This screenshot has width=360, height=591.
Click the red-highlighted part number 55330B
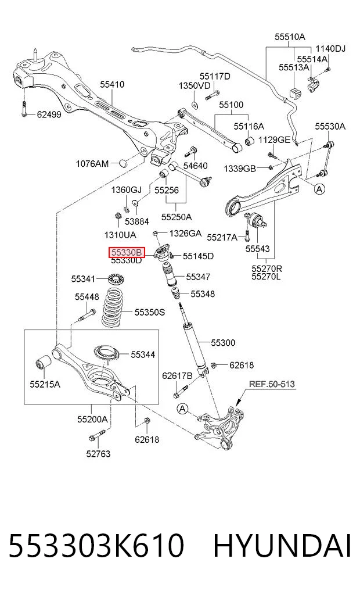click(127, 252)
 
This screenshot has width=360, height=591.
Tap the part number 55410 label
click(112, 84)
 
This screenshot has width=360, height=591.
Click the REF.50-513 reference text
click(272, 384)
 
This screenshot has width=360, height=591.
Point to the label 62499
click(49, 114)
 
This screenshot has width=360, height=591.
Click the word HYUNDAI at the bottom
click(282, 545)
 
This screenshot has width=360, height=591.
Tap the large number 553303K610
click(96, 545)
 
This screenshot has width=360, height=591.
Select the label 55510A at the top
click(290, 37)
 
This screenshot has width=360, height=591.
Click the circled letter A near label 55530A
click(319, 189)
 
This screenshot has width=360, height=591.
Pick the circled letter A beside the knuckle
click(183, 409)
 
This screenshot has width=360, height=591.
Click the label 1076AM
click(92, 163)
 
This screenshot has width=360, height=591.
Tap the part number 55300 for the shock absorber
click(223, 343)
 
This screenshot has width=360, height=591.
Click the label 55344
click(143, 354)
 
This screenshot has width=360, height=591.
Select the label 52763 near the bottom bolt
click(98, 454)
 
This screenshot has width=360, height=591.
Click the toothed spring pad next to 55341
click(116, 280)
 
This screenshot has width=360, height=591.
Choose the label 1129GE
click(274, 140)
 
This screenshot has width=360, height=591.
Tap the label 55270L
click(267, 277)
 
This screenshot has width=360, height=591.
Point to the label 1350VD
click(195, 85)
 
